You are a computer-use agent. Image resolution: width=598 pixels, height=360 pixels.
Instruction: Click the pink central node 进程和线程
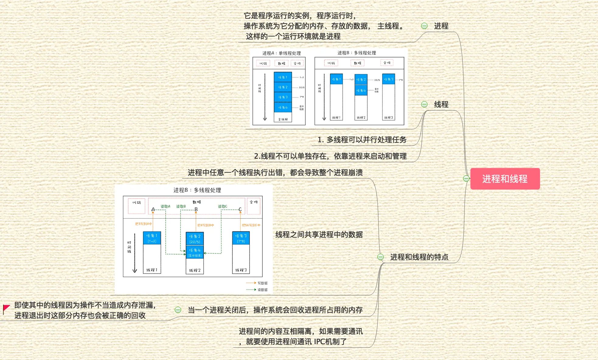point(505,179)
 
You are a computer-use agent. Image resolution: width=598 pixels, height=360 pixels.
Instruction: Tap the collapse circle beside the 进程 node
point(424,26)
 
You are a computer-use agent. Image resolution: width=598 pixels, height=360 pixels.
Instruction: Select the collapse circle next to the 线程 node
point(424,104)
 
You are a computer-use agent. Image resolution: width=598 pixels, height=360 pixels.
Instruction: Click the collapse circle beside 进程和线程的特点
point(381,257)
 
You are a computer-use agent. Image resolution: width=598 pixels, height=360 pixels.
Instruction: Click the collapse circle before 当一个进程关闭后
point(178,310)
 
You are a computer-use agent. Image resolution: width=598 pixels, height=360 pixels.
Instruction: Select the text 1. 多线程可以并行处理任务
point(362,140)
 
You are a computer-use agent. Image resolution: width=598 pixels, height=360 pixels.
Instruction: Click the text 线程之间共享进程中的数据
point(319,234)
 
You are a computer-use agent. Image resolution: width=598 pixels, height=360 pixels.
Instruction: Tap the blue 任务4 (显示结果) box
point(195,253)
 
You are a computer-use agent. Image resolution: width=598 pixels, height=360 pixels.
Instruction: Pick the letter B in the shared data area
point(196,209)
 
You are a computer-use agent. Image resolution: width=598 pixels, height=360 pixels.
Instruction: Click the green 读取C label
point(222,206)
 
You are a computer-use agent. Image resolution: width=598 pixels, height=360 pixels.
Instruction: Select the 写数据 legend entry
point(262,283)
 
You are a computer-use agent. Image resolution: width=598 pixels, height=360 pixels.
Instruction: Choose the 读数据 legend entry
point(262,290)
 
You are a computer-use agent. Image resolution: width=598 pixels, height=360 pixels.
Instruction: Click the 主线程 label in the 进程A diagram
point(283,119)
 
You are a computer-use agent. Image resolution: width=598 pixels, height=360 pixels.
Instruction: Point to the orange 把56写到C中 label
point(251,225)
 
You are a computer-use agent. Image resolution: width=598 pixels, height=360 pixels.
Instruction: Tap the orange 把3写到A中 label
point(143,224)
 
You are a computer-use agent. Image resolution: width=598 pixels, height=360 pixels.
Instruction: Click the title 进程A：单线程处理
point(282,53)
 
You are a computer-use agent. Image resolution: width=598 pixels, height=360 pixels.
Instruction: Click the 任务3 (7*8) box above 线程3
point(241,238)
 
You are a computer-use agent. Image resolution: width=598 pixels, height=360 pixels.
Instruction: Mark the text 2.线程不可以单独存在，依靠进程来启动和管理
point(330,156)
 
